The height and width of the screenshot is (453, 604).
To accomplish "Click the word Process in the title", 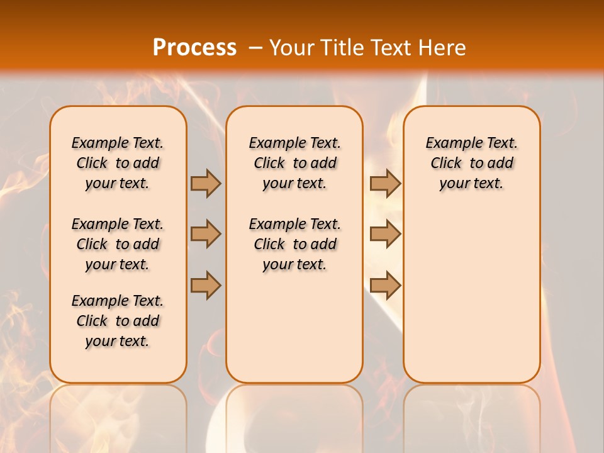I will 194,47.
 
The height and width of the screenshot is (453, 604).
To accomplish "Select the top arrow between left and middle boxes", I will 206,183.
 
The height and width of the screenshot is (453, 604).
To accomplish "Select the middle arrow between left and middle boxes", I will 206,234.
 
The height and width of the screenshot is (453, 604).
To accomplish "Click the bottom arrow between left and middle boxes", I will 206,284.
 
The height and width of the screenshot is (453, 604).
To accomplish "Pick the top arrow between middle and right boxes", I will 385,183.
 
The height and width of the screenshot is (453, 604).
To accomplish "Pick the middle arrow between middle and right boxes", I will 385,234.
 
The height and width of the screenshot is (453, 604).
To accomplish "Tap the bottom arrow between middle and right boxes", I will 385,285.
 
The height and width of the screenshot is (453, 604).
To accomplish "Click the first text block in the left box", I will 118,163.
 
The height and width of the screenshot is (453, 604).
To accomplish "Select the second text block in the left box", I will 118,244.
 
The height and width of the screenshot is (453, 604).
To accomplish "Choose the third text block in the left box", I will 118,321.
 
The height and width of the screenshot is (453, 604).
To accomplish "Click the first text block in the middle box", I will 294,163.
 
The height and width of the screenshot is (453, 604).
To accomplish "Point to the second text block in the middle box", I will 294,244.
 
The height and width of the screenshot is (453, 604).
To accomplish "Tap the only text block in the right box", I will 471,163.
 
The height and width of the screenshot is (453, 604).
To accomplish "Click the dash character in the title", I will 255,48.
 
